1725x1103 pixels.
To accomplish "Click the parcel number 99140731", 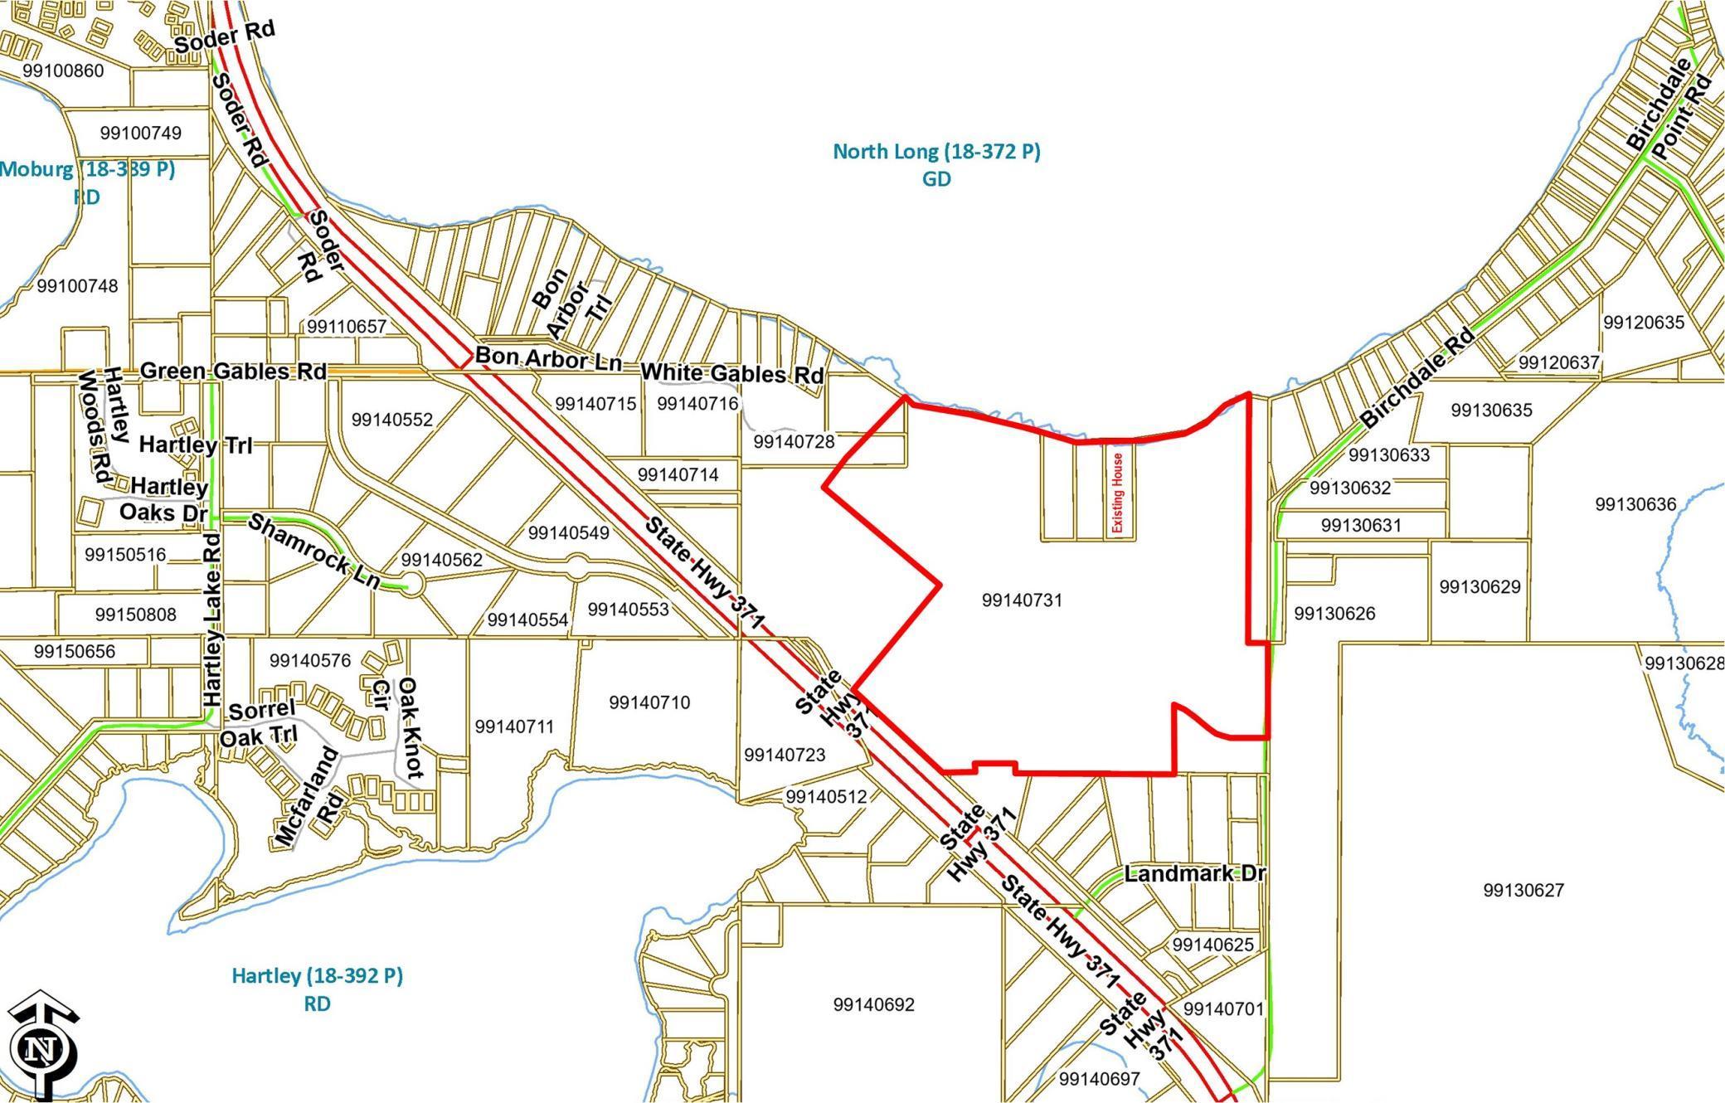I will pos(1022,600).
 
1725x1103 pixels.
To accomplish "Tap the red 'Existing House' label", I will pos(1118,493).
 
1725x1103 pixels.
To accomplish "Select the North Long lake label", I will pos(936,153).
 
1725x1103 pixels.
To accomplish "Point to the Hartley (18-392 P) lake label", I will pos(317,976).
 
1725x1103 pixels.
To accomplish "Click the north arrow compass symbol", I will pos(41,1047).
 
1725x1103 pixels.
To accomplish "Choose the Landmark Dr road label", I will pos(1195,874).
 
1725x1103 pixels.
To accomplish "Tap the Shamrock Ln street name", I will pos(314,551).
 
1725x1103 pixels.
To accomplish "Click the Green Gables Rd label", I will pos(233,371).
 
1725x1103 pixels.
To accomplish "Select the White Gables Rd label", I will pos(732,374).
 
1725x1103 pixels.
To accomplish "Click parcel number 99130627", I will pos(1523,890).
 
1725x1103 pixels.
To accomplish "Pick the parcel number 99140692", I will pos(874,1004).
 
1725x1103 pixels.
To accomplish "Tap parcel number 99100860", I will pos(64,70).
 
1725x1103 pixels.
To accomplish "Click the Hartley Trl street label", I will pos(196,445).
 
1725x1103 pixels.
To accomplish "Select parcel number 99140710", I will pos(649,702).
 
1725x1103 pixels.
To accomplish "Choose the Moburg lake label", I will pos(86,170).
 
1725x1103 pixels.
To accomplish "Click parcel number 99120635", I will pos(1644,322).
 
